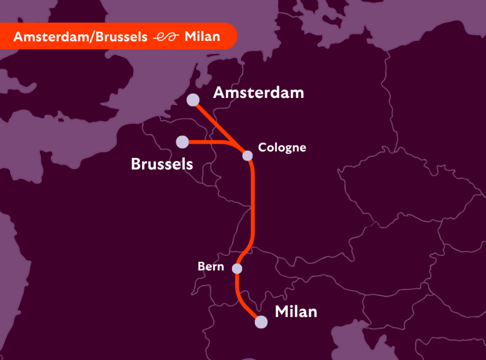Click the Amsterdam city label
point(258,93)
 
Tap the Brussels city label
point(162,164)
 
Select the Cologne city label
point(282,148)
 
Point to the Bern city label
point(211,266)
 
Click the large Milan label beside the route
point(296,312)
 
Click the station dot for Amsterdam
point(193,100)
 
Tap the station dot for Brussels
point(182,142)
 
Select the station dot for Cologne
point(247,155)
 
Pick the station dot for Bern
point(237,269)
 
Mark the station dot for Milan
point(261,322)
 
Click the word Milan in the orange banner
point(202,37)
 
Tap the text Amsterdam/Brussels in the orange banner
point(80,37)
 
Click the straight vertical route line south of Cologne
point(252,204)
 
